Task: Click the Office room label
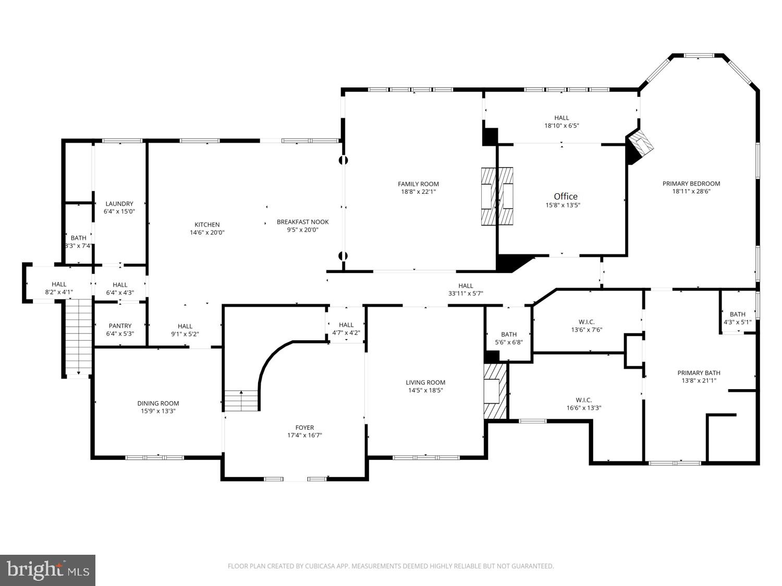[566, 196]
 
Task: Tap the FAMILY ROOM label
[418, 184]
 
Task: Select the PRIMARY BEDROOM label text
[691, 183]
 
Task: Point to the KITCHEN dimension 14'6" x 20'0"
[207, 233]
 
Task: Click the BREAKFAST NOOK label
[302, 222]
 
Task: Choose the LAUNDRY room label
[119, 204]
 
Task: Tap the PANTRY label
[120, 326]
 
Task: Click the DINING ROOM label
[158, 403]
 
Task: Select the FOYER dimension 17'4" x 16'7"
[304, 435]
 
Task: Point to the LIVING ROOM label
[425, 382]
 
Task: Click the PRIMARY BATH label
[699, 372]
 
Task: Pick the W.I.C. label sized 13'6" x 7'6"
[586, 322]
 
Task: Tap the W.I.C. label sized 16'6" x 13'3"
[583, 400]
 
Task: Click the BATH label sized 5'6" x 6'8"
[508, 334]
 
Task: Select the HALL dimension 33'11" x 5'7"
[466, 293]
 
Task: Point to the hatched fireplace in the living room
[495, 391]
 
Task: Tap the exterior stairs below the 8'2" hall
[78, 336]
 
